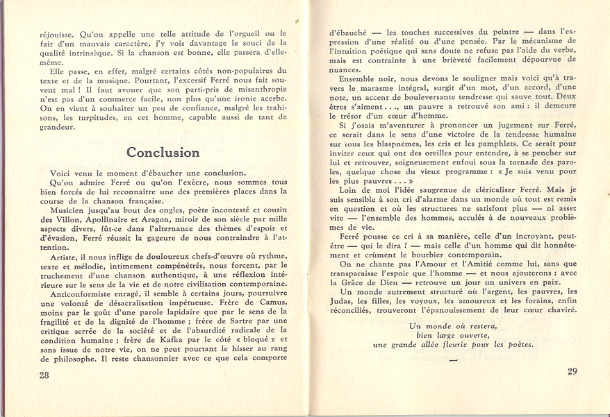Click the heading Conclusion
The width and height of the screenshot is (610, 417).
163,152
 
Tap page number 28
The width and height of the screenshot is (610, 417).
45,375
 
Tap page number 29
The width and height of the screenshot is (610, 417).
572,371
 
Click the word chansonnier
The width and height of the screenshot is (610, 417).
145,359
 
